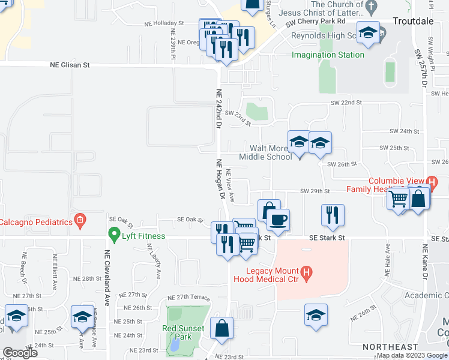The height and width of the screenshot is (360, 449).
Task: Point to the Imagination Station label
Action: [328, 55]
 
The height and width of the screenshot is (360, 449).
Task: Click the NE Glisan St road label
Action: [65, 64]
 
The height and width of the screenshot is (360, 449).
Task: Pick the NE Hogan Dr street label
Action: [220, 178]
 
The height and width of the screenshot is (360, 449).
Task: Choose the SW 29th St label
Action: [316, 191]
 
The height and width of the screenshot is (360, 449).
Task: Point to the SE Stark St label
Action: [327, 238]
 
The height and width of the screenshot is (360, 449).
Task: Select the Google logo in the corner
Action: [20, 353]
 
